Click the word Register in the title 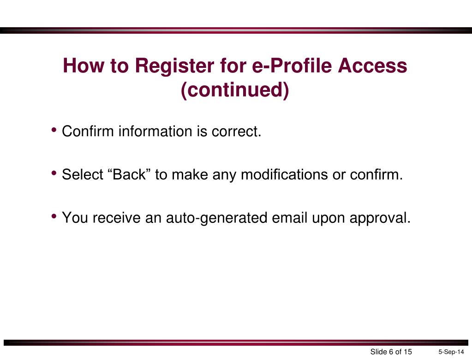[x=171, y=66]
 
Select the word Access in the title [x=372, y=66]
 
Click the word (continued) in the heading [x=235, y=90]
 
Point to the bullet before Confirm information [x=54, y=131]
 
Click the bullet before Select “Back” [x=54, y=174]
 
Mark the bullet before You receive [x=54, y=216]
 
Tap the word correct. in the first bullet [x=236, y=132]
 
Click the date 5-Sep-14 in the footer [x=451, y=352]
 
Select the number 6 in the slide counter [x=391, y=352]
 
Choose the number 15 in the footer [x=407, y=352]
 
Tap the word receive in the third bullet [x=116, y=217]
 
